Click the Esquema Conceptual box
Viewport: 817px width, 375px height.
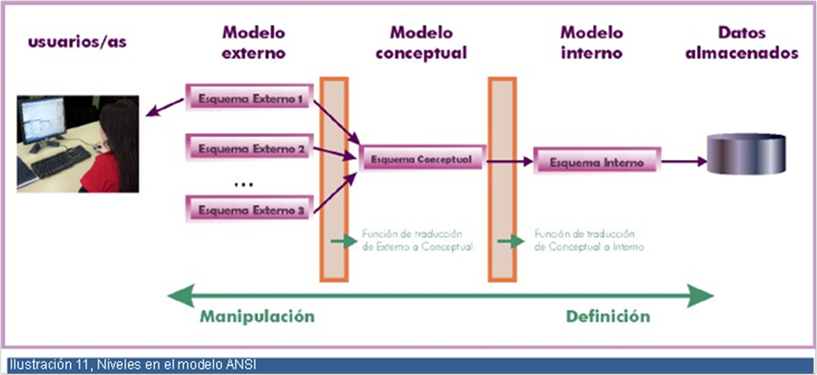(x=422, y=160)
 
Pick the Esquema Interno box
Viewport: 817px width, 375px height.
(x=597, y=162)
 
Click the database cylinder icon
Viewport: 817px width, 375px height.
(x=746, y=153)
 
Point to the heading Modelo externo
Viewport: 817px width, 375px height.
(x=253, y=42)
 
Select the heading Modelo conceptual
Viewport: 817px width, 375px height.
(x=421, y=42)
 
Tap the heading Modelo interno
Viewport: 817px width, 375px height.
(x=592, y=42)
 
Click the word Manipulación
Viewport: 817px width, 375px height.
(x=257, y=316)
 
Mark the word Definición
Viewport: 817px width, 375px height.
(x=608, y=316)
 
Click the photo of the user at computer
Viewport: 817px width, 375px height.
(x=78, y=144)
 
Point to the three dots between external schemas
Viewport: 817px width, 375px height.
(x=244, y=184)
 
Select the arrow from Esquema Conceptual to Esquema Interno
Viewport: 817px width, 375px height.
(x=509, y=162)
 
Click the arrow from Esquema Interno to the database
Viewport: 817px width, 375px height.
(x=684, y=162)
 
